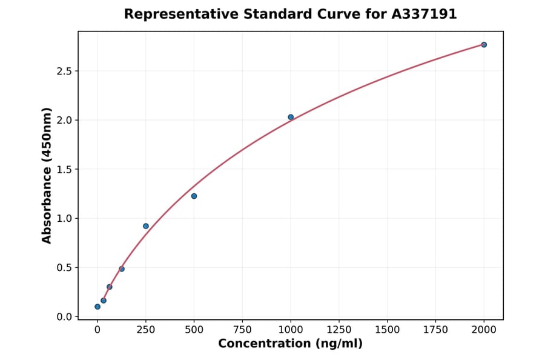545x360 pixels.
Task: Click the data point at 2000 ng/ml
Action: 484,45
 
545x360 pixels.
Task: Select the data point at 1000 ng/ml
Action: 291,117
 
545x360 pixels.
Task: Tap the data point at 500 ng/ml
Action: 194,196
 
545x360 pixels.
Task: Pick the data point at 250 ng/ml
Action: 146,226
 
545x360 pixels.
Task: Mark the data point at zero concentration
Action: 97,307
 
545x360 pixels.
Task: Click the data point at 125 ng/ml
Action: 122,268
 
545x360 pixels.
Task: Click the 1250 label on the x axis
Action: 339,330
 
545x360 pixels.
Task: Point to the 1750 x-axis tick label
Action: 435,330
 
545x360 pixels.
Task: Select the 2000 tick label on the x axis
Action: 484,330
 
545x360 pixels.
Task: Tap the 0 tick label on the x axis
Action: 97,330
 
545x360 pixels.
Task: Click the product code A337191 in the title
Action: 423,14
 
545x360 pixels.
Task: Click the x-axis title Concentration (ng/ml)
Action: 291,344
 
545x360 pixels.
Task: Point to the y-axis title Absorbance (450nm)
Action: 47,175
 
